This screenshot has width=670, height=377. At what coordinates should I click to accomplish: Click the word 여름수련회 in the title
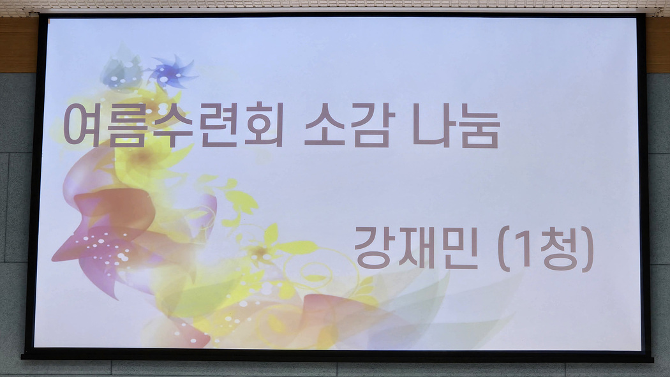pyautogui.click(x=174, y=124)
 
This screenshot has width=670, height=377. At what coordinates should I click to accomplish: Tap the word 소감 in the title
pyautogui.click(x=347, y=124)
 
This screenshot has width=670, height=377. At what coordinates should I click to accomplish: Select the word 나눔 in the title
pyautogui.click(x=456, y=125)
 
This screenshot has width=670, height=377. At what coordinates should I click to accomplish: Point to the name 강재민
pyautogui.click(x=416, y=248)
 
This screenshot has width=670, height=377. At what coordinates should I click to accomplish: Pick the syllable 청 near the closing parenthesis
pyautogui.click(x=558, y=248)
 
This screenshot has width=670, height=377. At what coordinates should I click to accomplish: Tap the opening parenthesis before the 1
pyautogui.click(x=504, y=249)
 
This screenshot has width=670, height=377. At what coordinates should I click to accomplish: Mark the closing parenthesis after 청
pyautogui.click(x=588, y=249)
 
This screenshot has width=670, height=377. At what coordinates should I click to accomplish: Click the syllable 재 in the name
pyautogui.click(x=416, y=248)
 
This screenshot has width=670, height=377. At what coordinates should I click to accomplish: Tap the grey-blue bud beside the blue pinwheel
pyautogui.click(x=121, y=68)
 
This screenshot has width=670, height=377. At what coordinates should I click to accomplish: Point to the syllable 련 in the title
pyautogui.click(x=219, y=125)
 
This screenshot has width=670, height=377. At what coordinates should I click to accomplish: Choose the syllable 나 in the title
pyautogui.click(x=432, y=124)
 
